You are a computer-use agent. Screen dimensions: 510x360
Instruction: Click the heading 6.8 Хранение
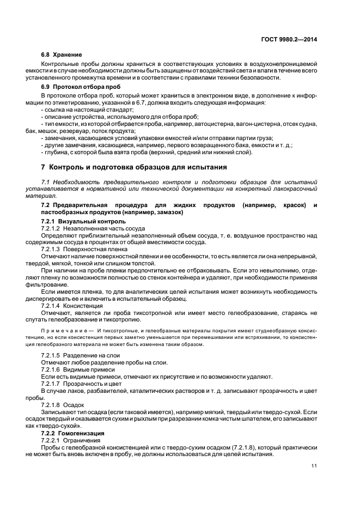(x=62, y=55)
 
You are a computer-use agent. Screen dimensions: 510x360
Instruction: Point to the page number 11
(x=314, y=465)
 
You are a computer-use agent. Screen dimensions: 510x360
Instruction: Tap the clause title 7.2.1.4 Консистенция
(x=76, y=306)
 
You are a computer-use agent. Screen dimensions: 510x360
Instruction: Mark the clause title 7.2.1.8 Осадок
(x=63, y=405)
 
